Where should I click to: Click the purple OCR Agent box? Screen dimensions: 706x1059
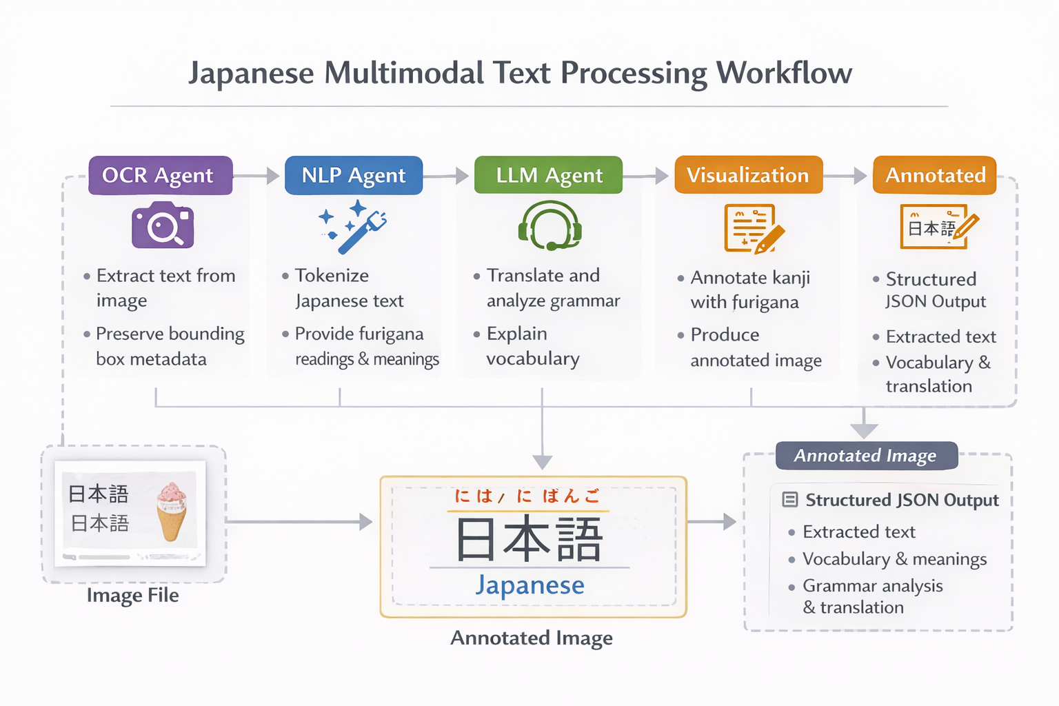160,176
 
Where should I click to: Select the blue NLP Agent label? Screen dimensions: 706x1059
353,176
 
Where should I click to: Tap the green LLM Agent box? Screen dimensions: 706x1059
549,176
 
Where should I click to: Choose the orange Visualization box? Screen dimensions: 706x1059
748,175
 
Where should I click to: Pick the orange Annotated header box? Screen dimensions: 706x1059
935,175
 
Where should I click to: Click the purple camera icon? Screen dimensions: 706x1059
163,225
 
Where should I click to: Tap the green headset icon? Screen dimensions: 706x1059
550,225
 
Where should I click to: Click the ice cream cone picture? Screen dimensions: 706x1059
172,510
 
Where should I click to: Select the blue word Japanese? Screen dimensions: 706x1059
529,585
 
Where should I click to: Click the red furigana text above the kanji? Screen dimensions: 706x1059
527,496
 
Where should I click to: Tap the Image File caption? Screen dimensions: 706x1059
133,595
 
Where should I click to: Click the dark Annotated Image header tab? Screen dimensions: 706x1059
866,456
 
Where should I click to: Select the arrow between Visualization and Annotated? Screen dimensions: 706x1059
847,176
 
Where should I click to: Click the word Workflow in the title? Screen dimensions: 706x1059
784,73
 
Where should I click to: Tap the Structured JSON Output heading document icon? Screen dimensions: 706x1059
790,500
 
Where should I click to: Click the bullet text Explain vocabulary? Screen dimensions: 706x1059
532,346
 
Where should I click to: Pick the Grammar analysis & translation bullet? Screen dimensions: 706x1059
871,596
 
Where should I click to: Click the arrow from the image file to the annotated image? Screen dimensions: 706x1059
300,522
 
